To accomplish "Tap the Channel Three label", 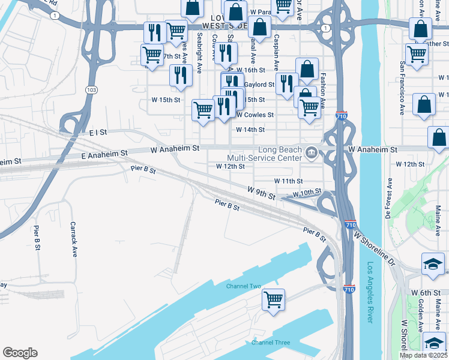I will click(270, 343).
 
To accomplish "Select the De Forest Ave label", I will click(388, 197).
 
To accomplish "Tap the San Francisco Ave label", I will click(400, 89).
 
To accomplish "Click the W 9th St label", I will click(261, 191).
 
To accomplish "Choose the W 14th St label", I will click(250, 130).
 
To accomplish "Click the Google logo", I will click(20, 353).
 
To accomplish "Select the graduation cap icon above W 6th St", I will click(433, 265).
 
